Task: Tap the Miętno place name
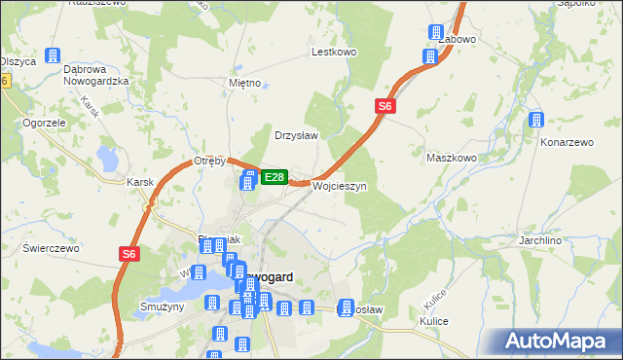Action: point(244,83)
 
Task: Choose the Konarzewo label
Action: point(567,142)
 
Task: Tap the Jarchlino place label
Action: point(569,239)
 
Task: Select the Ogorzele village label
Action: point(44,124)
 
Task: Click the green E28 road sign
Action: point(275,177)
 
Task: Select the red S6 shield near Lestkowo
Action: point(385,106)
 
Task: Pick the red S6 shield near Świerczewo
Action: point(129,254)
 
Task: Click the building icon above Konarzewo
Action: point(535,120)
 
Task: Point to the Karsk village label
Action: point(141,182)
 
